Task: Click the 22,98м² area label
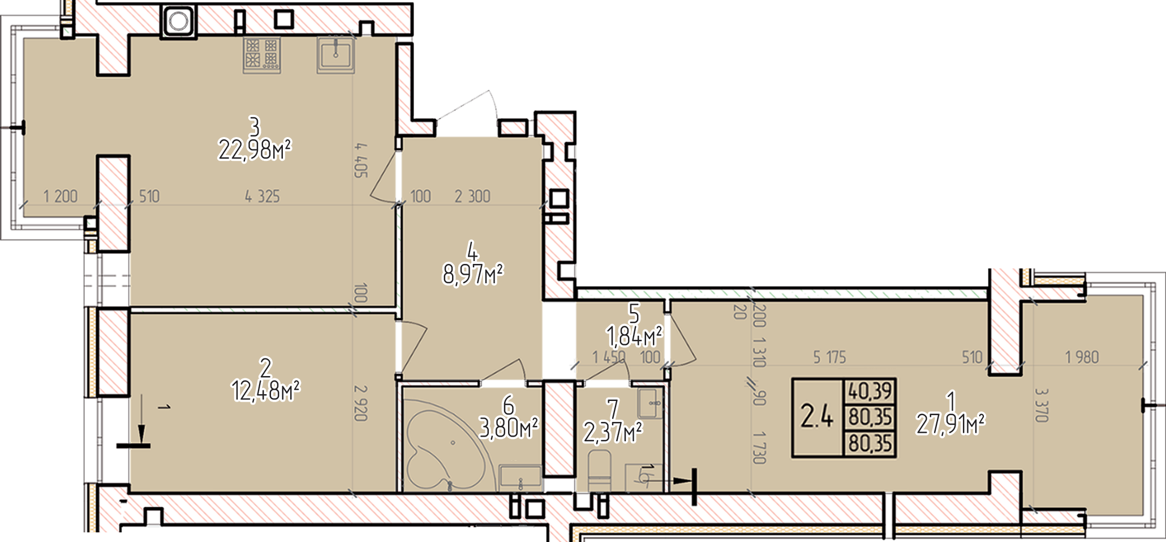tap(255, 151)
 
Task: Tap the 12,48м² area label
tap(265, 390)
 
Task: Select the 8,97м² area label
tap(473, 276)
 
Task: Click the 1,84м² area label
tap(635, 338)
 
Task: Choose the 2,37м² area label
tap(613, 434)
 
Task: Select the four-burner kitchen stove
tap(262, 55)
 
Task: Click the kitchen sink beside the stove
tap(335, 55)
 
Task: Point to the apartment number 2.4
tap(816, 419)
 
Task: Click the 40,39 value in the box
tap(870, 391)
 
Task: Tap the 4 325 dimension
tap(262, 197)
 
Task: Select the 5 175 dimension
tap(829, 357)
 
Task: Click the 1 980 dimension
tap(1082, 357)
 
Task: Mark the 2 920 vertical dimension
tap(361, 403)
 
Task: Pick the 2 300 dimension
tap(472, 197)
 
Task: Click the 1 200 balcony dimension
tap(61, 197)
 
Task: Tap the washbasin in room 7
tap(652, 403)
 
